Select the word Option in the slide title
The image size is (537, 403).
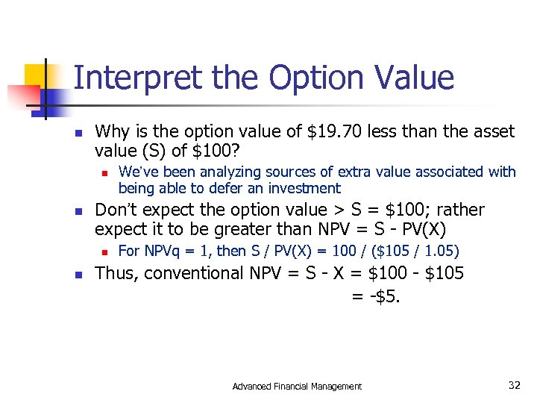pyautogui.click(x=321, y=78)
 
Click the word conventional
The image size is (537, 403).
pyautogui.click(x=198, y=273)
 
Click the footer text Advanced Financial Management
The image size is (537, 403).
pyautogui.click(x=297, y=386)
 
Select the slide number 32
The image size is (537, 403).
pyautogui.click(x=514, y=385)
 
